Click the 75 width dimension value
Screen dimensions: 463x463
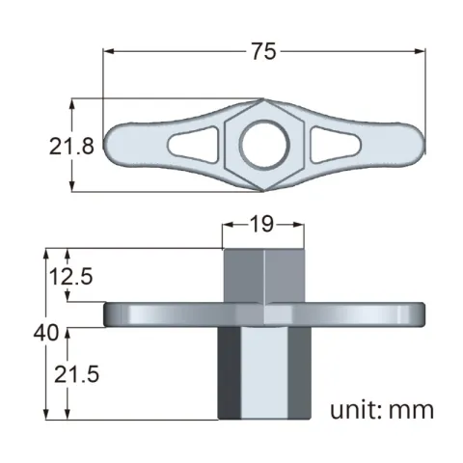click(x=263, y=52)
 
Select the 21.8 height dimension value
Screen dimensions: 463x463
click(x=71, y=147)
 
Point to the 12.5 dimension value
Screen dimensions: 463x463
click(x=72, y=277)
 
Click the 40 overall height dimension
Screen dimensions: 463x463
click(x=44, y=333)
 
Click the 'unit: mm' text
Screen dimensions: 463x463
click(x=382, y=409)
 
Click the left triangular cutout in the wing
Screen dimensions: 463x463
click(x=197, y=145)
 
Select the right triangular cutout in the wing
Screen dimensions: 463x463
click(x=330, y=145)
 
